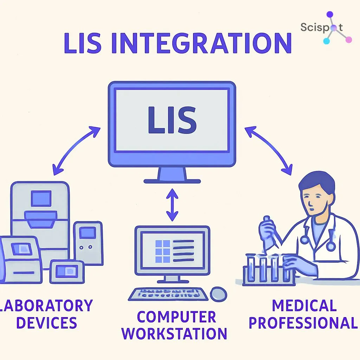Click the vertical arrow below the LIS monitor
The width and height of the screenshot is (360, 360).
pos(172,205)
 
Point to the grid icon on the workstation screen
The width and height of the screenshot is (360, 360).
pos(162,251)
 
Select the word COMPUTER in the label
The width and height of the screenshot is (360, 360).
pos(176,317)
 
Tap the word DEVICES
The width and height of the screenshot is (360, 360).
pos(47,322)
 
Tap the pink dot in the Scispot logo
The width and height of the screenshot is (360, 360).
pos(348,40)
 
